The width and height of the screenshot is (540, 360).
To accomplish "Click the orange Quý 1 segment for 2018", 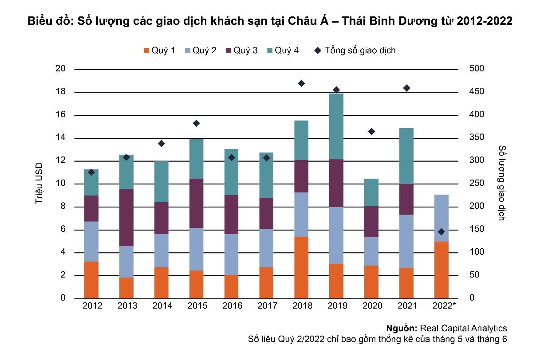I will pyautogui.click(x=301, y=267).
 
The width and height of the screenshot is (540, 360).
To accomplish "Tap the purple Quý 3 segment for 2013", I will pyautogui.click(x=126, y=217).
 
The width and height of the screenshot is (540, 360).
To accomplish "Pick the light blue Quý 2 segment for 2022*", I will pyautogui.click(x=441, y=218).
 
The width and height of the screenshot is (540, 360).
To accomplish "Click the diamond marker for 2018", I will pyautogui.click(x=301, y=83).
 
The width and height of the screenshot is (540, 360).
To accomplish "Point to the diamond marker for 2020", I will pyautogui.click(x=371, y=132).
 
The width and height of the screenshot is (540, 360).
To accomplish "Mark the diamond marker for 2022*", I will pyautogui.click(x=441, y=232).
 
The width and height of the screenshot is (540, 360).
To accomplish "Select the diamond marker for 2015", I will pyautogui.click(x=196, y=123).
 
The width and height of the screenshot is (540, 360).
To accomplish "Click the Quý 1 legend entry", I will pyautogui.click(x=159, y=51).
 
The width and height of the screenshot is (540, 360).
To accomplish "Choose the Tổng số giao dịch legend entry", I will pyautogui.click(x=355, y=51).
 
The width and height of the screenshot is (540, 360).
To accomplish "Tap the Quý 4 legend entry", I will pyautogui.click(x=282, y=51).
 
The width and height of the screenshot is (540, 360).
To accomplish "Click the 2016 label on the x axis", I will pyautogui.click(x=232, y=306).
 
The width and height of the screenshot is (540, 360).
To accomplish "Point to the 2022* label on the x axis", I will pyautogui.click(x=442, y=306).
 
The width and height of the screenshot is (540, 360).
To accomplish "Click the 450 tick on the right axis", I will pyautogui.click(x=476, y=92).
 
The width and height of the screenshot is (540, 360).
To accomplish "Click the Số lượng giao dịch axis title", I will pyautogui.click(x=502, y=183).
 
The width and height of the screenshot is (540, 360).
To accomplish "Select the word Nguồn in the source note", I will pyautogui.click(x=401, y=329).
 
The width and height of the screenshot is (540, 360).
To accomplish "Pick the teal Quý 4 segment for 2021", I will pyautogui.click(x=406, y=156).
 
